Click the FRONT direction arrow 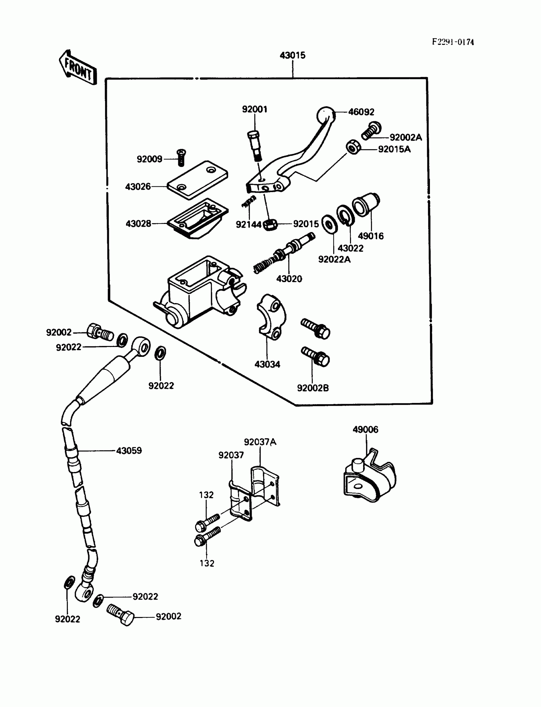pos(78,68)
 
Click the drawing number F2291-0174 pos(453,42)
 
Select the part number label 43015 pos(292,55)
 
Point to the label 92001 pos(255,109)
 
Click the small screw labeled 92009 pos(182,157)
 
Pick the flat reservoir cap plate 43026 pos(197,180)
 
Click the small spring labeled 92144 pos(249,202)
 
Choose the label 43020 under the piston pos(289,279)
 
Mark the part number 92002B pos(313,388)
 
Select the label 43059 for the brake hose pos(129,451)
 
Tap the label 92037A pos(260,442)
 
